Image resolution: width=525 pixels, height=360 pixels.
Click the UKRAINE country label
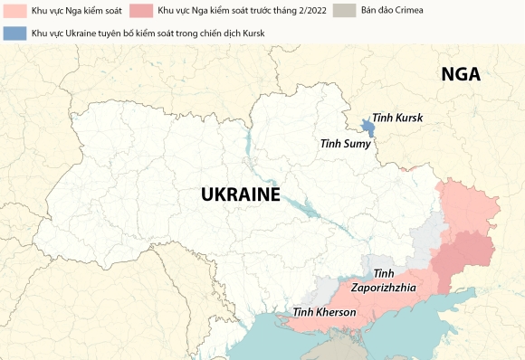pyautogui.click(x=240, y=194)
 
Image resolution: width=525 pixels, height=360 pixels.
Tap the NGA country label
pyautogui.click(x=461, y=75)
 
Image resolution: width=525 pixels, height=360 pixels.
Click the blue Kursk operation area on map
pyautogui.click(x=367, y=128)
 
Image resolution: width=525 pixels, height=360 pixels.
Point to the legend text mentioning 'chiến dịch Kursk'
pyautogui.click(x=153, y=33)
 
